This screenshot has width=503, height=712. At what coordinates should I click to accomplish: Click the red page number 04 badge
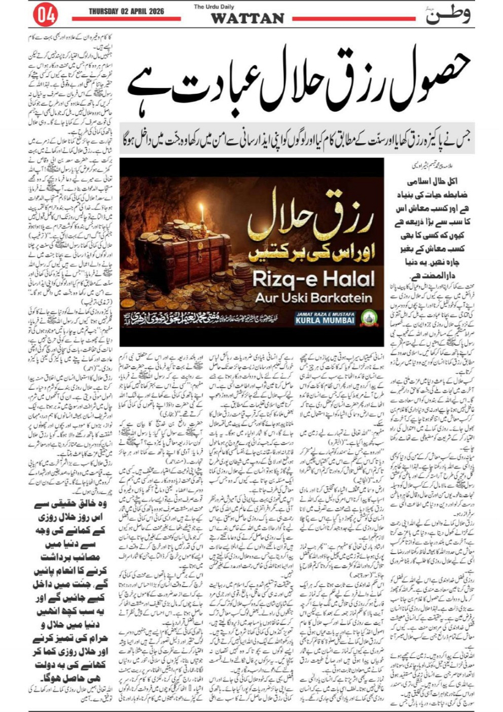coord(45,16)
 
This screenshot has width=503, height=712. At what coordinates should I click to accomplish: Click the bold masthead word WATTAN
coord(247,18)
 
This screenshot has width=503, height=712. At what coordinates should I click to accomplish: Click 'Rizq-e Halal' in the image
coord(310,282)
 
